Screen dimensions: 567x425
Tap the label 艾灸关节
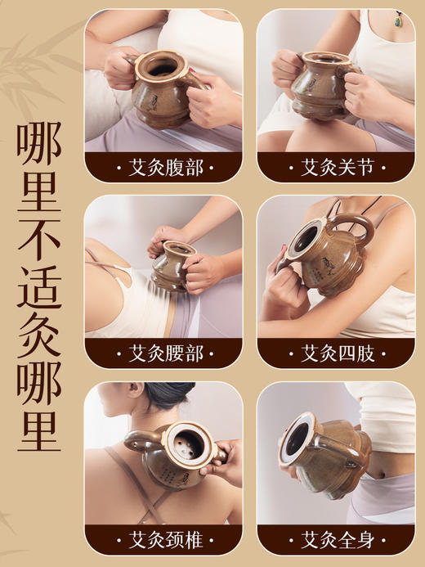point(336,168)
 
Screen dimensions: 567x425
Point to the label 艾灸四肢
point(336,353)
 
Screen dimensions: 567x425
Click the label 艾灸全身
point(336,539)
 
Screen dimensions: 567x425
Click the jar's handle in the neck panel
point(139,442)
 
